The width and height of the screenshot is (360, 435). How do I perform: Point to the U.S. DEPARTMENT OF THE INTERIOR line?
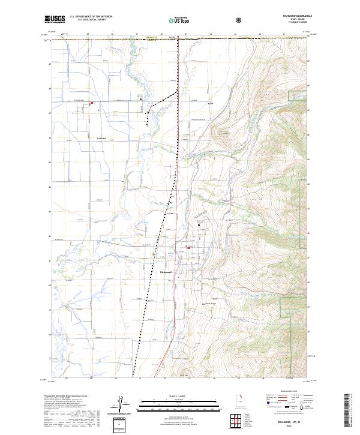tap(91, 17)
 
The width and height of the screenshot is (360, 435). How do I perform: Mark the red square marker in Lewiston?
tap(92, 103)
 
